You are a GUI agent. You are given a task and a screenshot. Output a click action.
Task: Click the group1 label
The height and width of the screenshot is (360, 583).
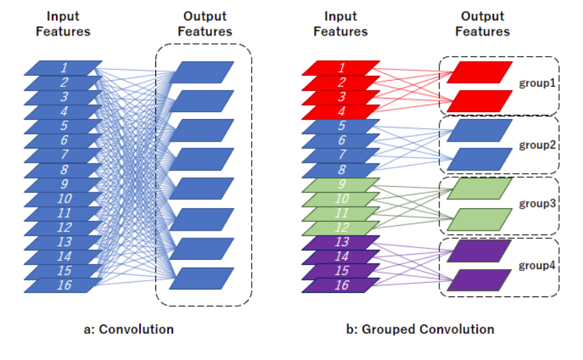(x=536, y=85)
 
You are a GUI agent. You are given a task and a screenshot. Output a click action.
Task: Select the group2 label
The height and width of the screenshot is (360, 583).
(x=536, y=145)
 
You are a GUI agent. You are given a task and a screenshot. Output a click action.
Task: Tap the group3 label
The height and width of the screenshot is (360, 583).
(x=536, y=204)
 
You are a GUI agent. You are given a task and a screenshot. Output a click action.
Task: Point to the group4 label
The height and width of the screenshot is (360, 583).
(x=536, y=266)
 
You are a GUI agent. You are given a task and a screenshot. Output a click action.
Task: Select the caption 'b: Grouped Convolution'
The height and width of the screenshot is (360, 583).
(x=420, y=330)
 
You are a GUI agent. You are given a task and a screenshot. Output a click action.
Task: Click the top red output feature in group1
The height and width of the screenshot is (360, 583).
(x=479, y=72)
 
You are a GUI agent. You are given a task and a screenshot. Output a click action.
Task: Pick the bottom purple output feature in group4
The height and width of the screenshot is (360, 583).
(x=479, y=280)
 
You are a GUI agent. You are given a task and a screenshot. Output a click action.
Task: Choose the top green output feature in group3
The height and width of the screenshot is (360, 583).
(x=479, y=188)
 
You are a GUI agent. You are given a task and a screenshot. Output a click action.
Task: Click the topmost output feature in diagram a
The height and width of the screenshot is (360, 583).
(x=202, y=72)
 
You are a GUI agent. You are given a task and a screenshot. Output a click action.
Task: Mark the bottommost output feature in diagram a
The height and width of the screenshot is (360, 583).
(x=202, y=278)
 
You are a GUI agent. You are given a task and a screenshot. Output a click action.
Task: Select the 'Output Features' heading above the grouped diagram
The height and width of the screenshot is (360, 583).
(x=482, y=24)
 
